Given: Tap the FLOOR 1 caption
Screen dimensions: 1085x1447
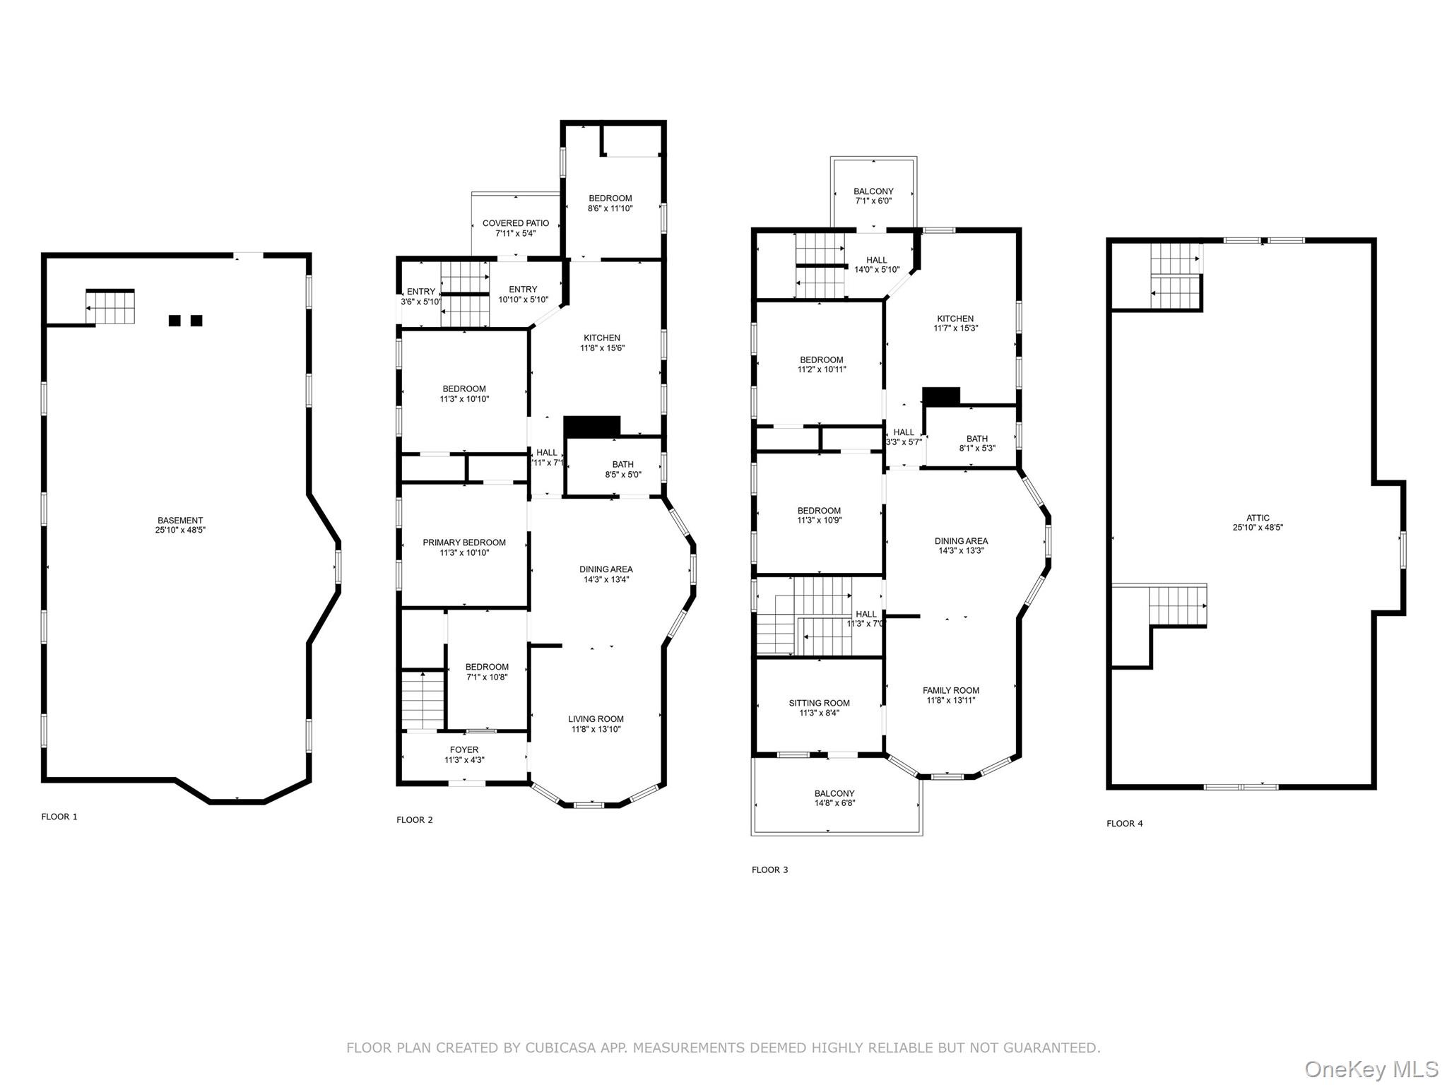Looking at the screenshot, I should tap(59, 817).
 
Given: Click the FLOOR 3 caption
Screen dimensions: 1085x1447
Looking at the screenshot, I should tap(769, 870).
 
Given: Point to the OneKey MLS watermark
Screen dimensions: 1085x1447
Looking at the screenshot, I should tap(1371, 1069).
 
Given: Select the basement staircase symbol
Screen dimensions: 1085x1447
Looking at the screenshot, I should tap(110, 307).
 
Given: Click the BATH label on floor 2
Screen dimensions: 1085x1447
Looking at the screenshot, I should tap(622, 464).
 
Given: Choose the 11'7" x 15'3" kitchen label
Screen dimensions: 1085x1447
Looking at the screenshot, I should tap(955, 324).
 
